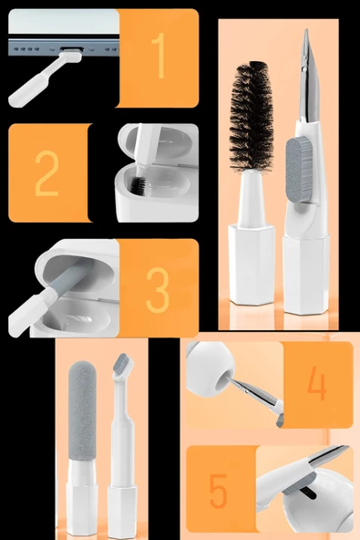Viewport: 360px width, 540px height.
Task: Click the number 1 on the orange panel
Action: (159, 56)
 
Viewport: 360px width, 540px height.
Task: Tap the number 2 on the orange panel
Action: (47, 173)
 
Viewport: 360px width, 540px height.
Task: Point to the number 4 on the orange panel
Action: (316, 382)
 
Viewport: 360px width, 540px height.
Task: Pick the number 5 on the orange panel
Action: (219, 491)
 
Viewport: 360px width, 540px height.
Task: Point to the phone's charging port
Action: (72, 49)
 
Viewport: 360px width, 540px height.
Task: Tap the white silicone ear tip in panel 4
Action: (210, 364)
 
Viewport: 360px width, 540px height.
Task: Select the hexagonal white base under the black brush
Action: (252, 265)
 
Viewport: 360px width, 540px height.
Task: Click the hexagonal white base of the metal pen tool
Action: (306, 275)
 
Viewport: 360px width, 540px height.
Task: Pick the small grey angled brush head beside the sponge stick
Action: (122, 364)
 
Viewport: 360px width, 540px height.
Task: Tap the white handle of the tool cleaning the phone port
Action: (33, 84)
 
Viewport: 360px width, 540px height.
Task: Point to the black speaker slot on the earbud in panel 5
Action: (308, 493)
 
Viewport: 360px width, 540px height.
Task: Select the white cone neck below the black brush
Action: (252, 198)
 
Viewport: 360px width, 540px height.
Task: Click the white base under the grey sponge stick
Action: (81, 498)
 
